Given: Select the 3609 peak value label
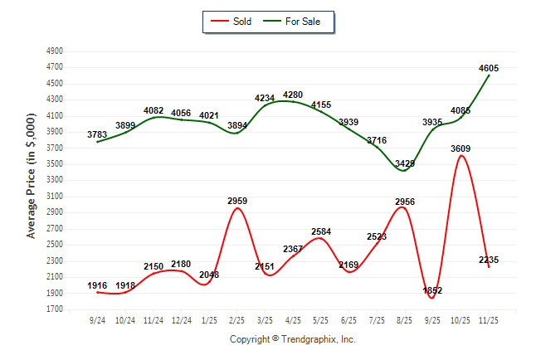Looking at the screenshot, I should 460,148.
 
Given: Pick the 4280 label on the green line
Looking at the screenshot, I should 294,95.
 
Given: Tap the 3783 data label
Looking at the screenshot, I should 97,134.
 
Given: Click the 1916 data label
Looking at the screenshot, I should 97,285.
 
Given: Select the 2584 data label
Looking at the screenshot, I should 322,231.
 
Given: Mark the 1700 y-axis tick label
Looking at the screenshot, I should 55,309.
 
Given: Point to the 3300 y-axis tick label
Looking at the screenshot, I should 55,180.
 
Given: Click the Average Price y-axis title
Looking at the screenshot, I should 32,180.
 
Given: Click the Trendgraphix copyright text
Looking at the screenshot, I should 292,339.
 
